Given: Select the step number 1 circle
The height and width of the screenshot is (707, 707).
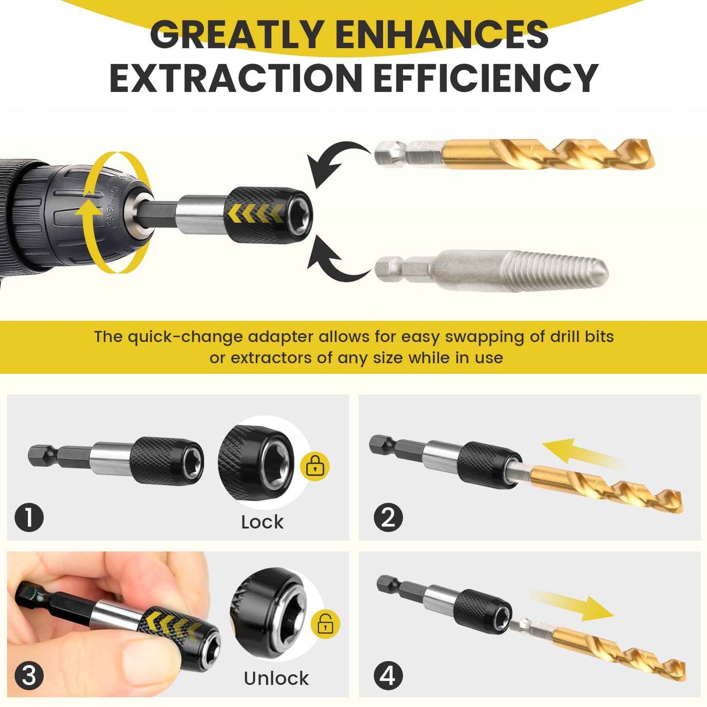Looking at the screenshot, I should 29,518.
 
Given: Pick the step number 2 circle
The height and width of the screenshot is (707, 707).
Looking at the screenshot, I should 388,518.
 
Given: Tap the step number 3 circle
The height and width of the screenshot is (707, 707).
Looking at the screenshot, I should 29,676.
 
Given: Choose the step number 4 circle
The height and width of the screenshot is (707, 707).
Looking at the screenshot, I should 388,676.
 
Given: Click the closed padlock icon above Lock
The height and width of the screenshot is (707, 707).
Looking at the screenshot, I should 316,466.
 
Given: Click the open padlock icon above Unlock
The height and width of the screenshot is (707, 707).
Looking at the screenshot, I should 325,624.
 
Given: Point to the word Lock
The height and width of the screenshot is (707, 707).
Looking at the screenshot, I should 262,522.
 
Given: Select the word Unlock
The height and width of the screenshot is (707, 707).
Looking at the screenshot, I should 276,679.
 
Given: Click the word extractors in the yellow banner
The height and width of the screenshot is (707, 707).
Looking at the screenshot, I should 271,358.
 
